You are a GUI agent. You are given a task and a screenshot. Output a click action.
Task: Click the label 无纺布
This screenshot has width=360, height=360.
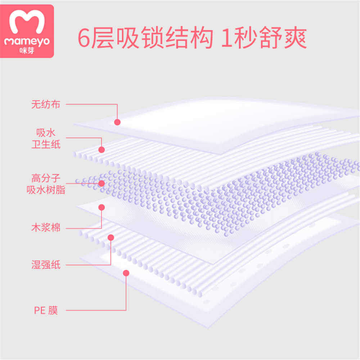coord(45,105)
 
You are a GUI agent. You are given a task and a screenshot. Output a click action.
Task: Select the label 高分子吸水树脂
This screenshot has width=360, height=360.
coord(45,184)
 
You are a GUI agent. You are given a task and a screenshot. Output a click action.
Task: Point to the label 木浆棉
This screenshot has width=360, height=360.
coord(45,228)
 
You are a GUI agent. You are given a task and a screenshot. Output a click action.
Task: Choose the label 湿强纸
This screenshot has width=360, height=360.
coord(45,266)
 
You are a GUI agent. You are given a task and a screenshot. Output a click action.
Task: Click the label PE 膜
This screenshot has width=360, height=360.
coord(45,310)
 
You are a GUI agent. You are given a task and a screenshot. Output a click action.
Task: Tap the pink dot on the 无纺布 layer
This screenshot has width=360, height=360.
coord(117,122)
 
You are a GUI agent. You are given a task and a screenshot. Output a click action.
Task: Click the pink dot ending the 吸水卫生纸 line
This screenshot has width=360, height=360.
coord(102,149)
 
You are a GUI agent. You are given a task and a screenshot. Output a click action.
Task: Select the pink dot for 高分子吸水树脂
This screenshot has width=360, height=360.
coord(102,183)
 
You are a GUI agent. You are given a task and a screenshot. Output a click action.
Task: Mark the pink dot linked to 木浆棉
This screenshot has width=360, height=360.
coord(102,207)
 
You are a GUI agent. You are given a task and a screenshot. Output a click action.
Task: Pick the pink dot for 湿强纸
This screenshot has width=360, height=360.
coord(111,237)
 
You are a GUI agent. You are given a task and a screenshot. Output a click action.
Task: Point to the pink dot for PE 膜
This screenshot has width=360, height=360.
coord(126,273)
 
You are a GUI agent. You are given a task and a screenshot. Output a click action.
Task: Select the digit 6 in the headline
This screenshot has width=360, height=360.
coord(84,39)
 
